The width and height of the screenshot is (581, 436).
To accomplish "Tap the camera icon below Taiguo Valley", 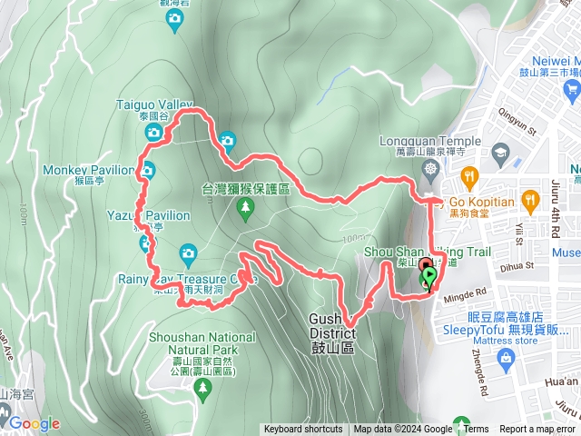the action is [153, 134].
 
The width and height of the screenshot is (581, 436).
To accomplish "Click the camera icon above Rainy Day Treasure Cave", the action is [188, 253].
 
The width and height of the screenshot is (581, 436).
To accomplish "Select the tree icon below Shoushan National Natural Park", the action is [203, 391].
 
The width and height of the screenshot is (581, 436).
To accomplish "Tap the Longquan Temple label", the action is [431, 141].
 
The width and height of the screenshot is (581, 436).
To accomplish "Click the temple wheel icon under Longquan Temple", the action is [430, 169].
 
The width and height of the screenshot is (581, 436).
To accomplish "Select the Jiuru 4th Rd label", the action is [556, 210].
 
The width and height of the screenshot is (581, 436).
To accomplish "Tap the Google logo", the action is [34, 423].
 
